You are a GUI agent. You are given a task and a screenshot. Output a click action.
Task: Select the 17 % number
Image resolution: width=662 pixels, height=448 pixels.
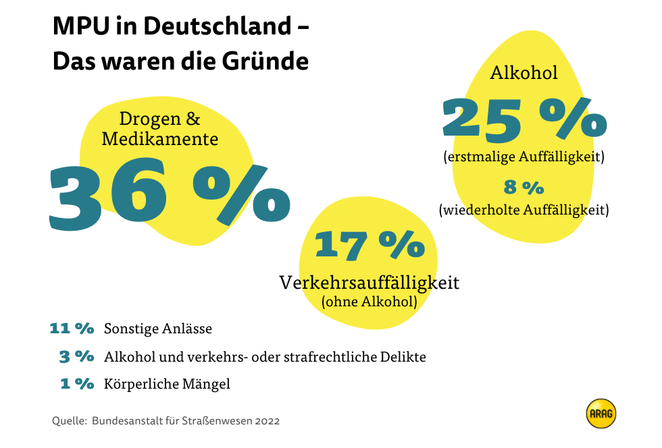tap(370, 244)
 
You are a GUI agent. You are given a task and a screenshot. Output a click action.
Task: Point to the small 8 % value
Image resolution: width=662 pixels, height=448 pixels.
tap(524, 187)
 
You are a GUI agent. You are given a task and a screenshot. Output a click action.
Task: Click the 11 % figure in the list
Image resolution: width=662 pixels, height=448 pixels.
tap(71, 329)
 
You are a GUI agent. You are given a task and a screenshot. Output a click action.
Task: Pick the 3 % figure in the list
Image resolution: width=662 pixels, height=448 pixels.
tap(76, 356)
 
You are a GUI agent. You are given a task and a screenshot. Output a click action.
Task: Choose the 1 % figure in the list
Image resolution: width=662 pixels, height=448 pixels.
tap(77, 384)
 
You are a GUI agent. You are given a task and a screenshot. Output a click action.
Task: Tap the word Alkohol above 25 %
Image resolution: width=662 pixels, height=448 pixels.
tap(524, 72)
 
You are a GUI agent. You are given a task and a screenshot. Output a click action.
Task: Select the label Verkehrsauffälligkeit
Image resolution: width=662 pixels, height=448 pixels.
tap(369, 282)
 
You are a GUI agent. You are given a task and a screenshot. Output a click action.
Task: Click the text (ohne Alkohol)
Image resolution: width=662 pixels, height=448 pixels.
tap(369, 302)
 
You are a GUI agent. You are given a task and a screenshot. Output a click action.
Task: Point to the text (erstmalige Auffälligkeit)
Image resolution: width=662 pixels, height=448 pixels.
tap(524, 157)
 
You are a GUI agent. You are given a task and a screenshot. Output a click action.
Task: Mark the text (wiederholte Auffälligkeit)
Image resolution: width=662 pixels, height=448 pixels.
tap(524, 210)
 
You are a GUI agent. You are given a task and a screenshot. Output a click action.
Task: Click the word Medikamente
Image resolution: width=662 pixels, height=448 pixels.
tap(159, 139)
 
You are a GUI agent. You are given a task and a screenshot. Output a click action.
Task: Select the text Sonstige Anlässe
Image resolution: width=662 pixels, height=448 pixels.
tap(158, 329)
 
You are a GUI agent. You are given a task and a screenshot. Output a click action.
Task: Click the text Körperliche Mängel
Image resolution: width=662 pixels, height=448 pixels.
tap(167, 384)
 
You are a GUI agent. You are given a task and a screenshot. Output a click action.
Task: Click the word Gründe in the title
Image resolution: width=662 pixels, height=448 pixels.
tap(265, 61)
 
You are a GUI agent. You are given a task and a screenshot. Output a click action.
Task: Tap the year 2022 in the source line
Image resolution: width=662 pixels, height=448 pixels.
tap(268, 420)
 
